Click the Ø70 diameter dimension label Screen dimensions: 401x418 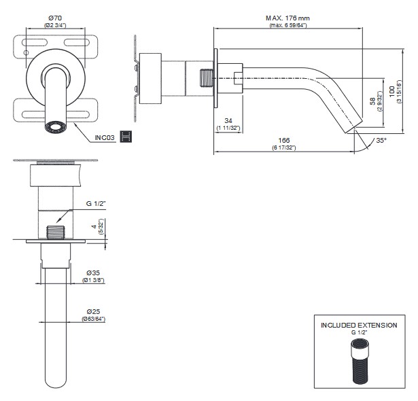click(55, 17)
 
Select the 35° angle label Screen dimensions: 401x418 click(381, 141)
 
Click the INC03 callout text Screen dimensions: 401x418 click(105, 138)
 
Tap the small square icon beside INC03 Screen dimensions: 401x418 click(124, 137)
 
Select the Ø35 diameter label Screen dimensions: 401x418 click(94, 273)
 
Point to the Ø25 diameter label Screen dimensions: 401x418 click(94, 312)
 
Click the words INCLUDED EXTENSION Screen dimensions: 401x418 click(359, 325)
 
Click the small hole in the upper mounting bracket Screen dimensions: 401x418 click(27, 52)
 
